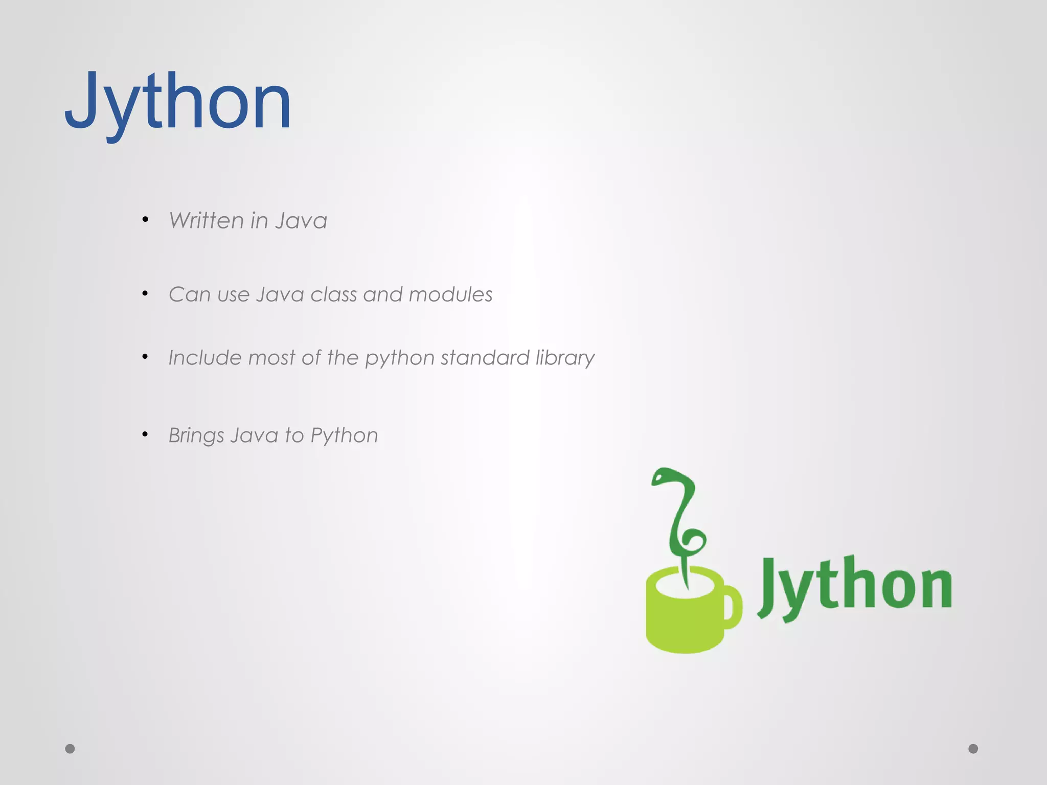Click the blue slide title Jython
178,102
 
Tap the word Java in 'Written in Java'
301,221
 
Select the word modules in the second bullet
450,294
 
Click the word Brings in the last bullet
196,436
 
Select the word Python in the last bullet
344,436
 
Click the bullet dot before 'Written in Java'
146,219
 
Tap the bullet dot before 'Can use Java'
146,293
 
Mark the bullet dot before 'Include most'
146,357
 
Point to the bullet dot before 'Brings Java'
146,434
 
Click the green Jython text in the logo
854,586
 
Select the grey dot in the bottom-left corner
70,749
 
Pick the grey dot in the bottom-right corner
973,749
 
